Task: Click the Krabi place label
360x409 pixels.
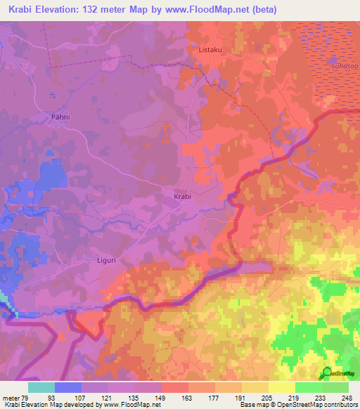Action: [x=182, y=197]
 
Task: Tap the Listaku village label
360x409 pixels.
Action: [x=211, y=51]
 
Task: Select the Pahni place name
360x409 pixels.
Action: [x=61, y=117]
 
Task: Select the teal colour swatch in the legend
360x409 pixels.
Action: [x=41, y=387]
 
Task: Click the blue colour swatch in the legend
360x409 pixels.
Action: [x=68, y=387]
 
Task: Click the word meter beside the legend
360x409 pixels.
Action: [x=9, y=398]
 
